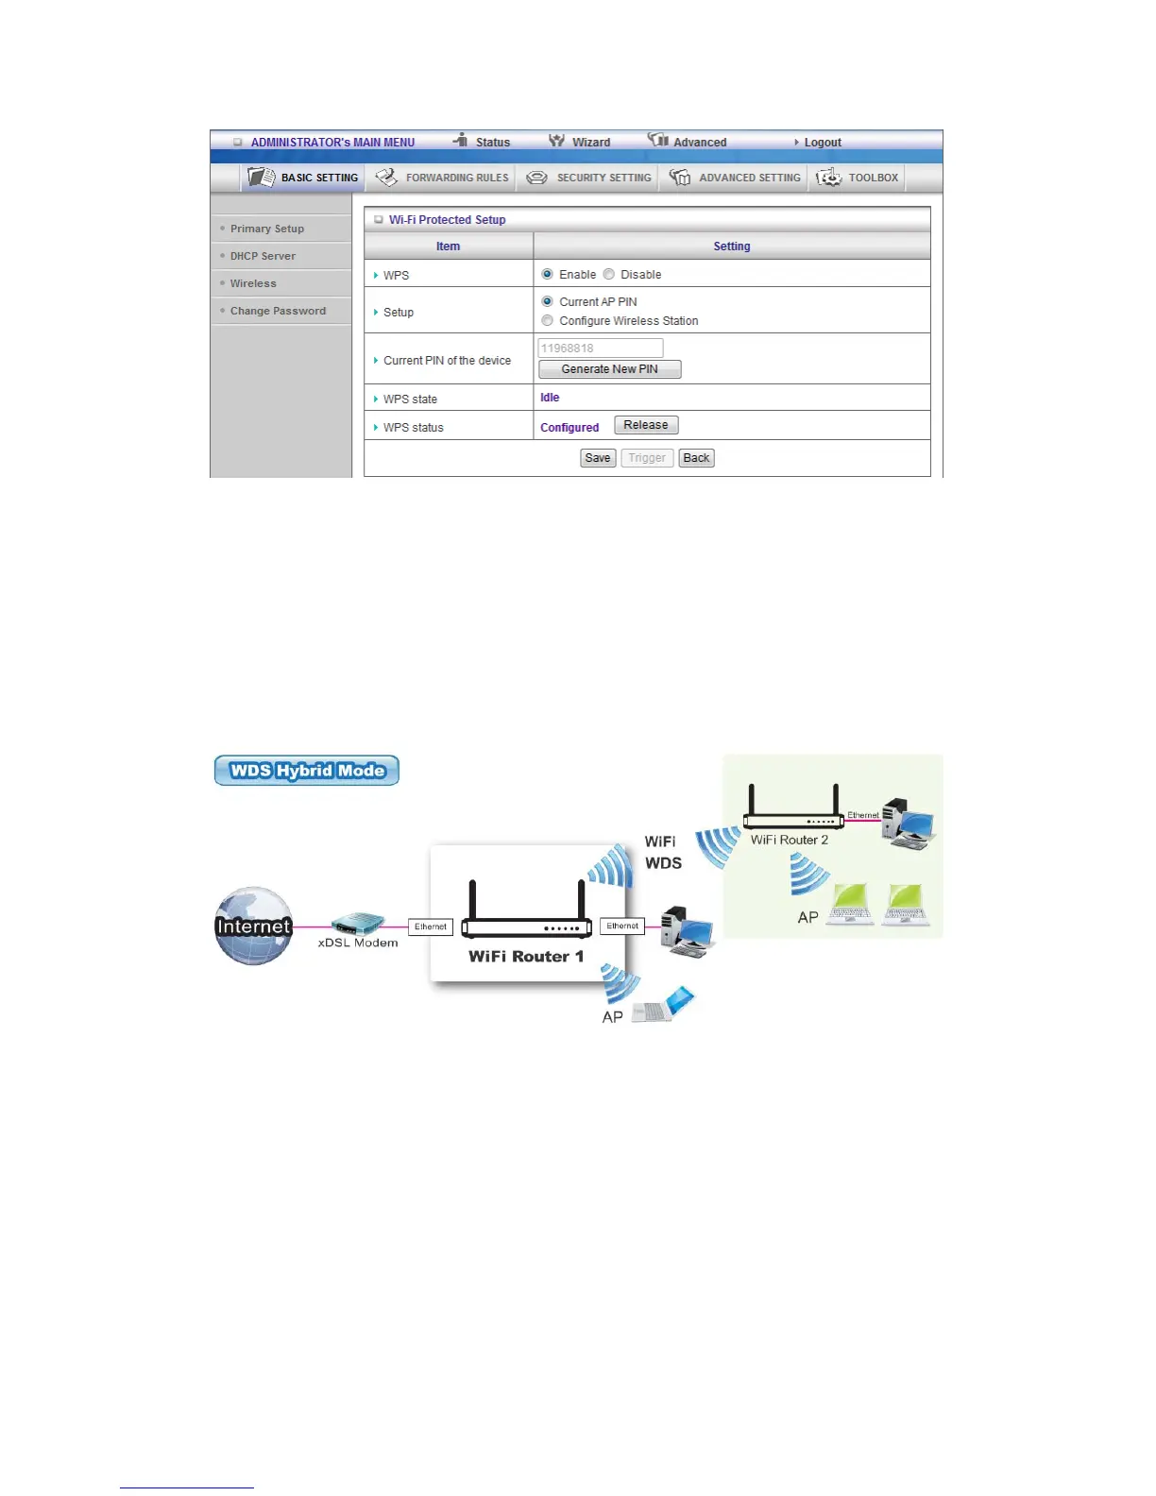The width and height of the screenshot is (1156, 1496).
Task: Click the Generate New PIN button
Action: (609, 369)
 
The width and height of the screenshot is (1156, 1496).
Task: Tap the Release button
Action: (646, 425)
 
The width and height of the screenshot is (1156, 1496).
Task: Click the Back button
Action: (696, 458)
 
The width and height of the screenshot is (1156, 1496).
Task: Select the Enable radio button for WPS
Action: (548, 274)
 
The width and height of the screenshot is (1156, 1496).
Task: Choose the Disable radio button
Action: (609, 274)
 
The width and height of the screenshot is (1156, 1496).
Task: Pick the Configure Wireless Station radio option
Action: (548, 320)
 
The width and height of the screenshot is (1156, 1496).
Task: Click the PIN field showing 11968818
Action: (601, 348)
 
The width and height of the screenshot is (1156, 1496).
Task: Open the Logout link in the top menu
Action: (822, 143)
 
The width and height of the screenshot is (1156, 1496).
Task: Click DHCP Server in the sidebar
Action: (263, 256)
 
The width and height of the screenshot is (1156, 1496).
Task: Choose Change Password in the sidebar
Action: (278, 311)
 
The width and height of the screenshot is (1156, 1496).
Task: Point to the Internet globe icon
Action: (253, 926)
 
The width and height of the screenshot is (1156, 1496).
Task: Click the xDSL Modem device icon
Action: (358, 923)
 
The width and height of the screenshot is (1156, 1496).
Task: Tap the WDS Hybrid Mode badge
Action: (307, 771)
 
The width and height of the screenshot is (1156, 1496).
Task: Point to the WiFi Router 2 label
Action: (789, 840)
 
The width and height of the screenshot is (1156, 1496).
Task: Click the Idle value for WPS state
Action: (550, 398)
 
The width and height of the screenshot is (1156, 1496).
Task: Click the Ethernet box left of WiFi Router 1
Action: (431, 926)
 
